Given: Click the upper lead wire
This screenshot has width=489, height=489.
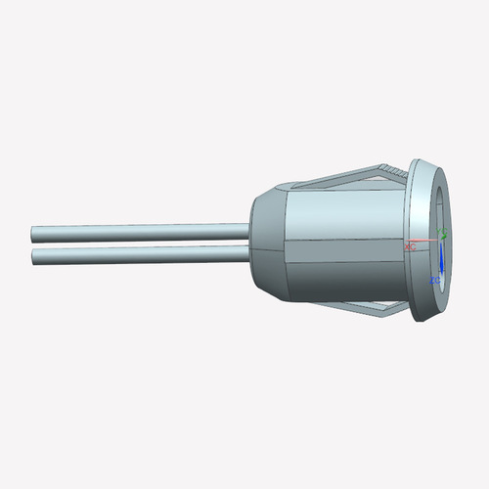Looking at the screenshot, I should coord(137,234).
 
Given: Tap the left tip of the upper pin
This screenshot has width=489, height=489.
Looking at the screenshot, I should coord(34,235).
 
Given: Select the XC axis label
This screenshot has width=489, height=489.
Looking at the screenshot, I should coord(411,247).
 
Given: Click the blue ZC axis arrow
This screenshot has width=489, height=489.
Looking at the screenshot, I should coord(441,260).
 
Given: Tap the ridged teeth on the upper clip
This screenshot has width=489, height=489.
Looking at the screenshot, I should coord(391,171).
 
